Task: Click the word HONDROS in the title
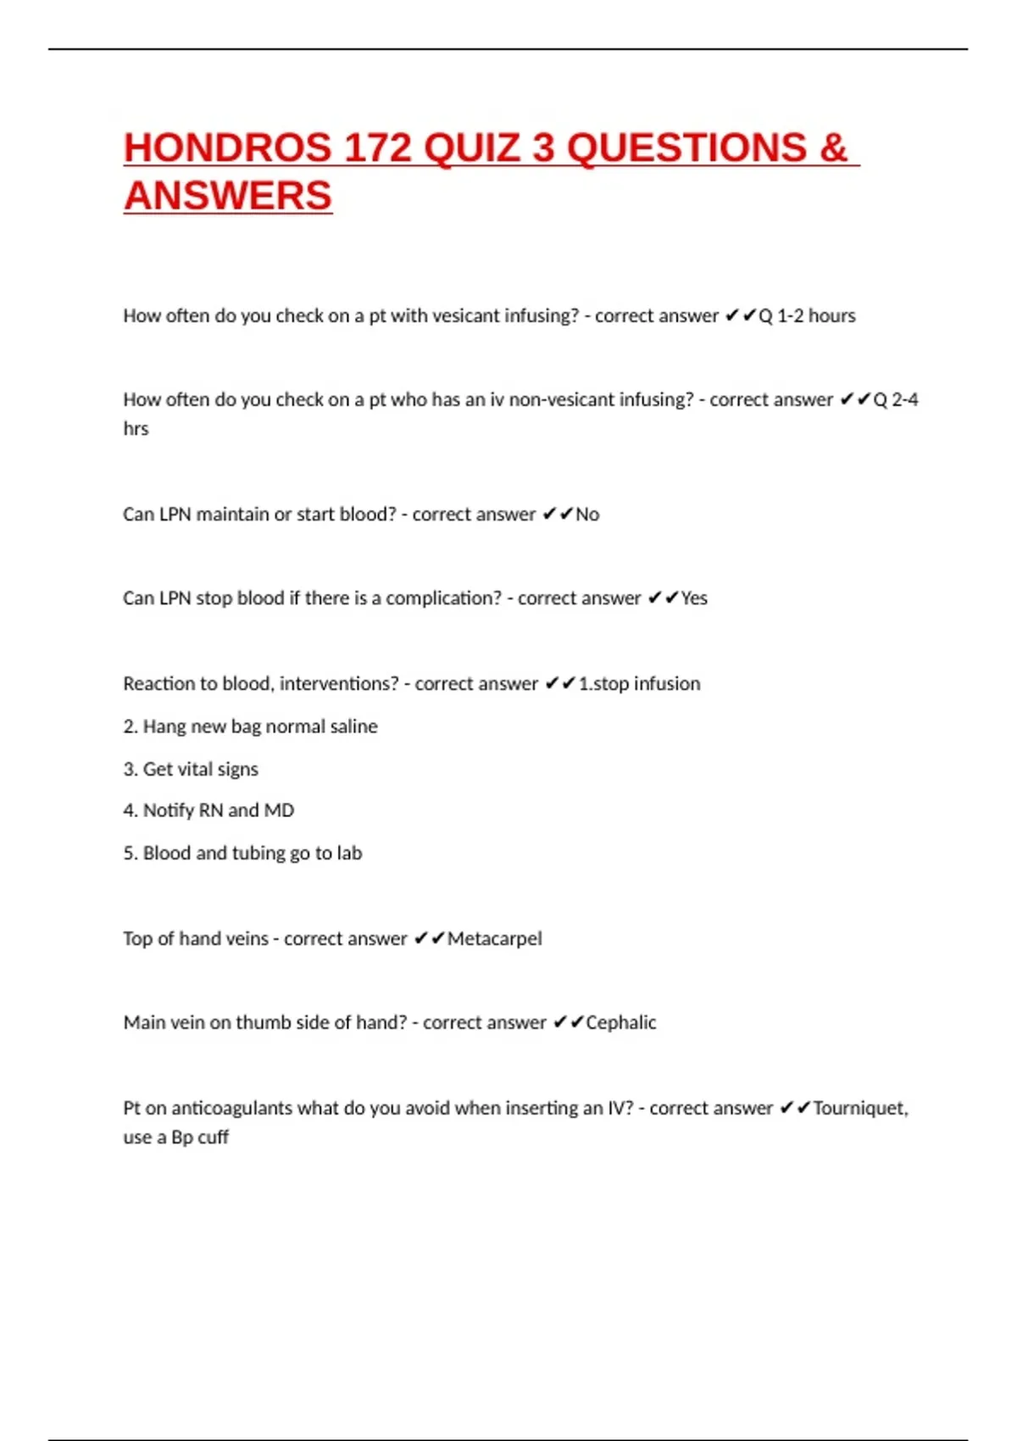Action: pyautogui.click(x=227, y=148)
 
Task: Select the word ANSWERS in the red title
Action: pyautogui.click(x=228, y=197)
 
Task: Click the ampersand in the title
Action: pyautogui.click(x=833, y=148)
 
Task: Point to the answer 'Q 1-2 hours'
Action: pyautogui.click(x=807, y=316)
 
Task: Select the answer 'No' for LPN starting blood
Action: pyautogui.click(x=587, y=515)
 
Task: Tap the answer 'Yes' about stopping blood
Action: pyautogui.click(x=694, y=598)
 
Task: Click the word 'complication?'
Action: pyautogui.click(x=444, y=598)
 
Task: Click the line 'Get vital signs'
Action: pyautogui.click(x=191, y=769)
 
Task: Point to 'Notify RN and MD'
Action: pyautogui.click(x=208, y=810)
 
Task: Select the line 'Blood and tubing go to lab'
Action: pyautogui.click(x=242, y=853)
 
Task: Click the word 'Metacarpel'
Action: pyautogui.click(x=495, y=938)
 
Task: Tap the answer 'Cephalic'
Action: pyautogui.click(x=621, y=1022)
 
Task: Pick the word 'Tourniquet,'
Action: pyautogui.click(x=860, y=1108)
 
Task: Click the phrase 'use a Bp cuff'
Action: pyautogui.click(x=175, y=1138)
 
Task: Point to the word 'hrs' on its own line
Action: pyautogui.click(x=136, y=429)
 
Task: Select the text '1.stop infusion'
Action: pyautogui.click(x=639, y=683)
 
